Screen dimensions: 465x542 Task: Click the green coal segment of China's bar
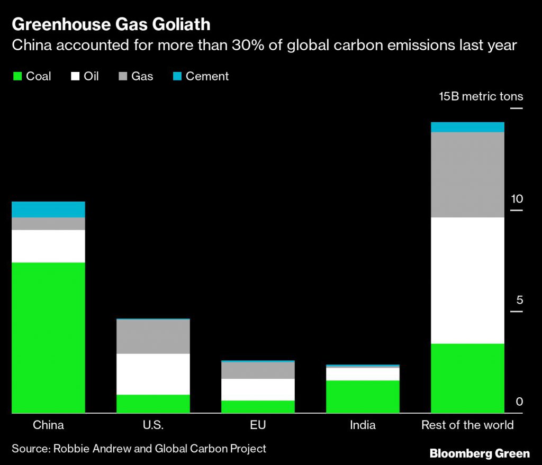pos(48,337)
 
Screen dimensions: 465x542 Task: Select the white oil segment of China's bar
pos(48,245)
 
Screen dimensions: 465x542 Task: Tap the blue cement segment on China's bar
pos(48,209)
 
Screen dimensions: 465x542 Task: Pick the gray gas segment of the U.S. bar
pos(153,336)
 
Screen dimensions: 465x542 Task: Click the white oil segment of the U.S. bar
pos(153,373)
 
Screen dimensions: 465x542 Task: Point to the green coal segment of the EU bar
pos(258,406)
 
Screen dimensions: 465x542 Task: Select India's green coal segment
pos(363,396)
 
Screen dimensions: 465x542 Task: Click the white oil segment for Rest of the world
pos(467,280)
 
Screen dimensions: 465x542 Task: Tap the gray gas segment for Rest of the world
pos(467,175)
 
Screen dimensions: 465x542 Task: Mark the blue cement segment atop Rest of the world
pos(467,127)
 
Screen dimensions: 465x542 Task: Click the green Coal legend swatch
pos(16,77)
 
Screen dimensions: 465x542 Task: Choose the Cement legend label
pos(207,76)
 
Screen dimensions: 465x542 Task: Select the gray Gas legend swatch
pos(122,77)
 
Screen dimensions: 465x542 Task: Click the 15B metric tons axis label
pos(481,96)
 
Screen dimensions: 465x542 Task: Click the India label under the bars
pos(363,425)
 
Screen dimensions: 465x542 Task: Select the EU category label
pos(258,425)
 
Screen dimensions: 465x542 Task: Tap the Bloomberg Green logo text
pos(480,453)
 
